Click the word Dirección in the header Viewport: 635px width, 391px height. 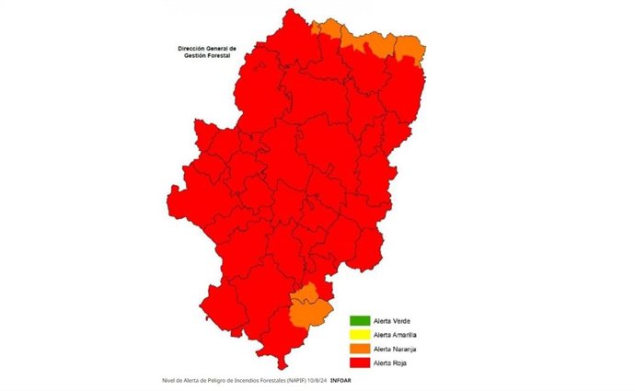(194, 48)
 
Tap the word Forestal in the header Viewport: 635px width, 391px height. (216, 56)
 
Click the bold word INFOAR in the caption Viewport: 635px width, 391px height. (341, 380)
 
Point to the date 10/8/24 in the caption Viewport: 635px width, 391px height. (317, 380)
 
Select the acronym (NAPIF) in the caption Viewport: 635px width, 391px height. (294, 380)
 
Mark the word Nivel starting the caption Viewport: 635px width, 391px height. (167, 380)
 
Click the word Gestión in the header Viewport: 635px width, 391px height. (190, 56)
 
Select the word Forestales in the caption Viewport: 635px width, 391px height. (268, 380)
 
